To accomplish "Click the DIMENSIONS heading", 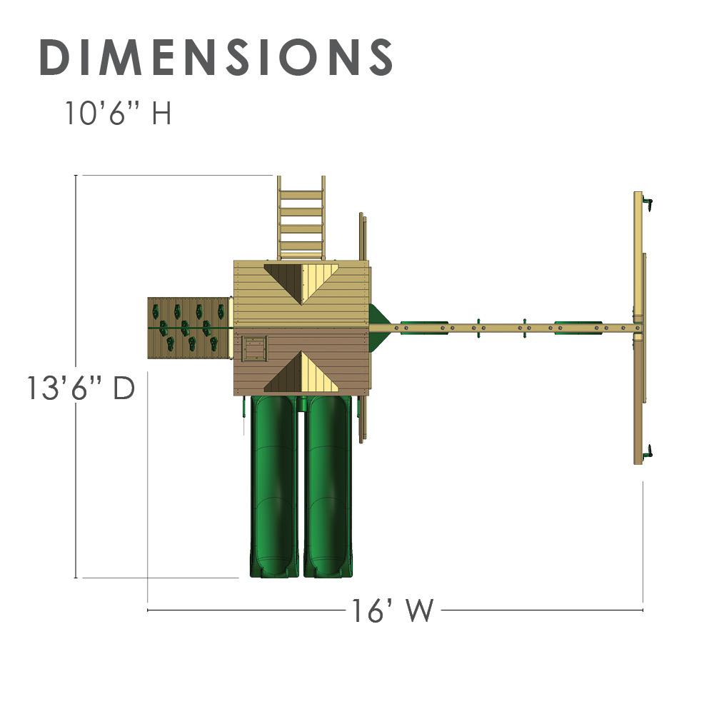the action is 216,57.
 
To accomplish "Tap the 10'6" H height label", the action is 119,113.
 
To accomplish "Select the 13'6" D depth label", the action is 81,388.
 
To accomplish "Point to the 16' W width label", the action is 393,610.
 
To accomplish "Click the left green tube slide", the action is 274,486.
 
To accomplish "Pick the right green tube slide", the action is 328,486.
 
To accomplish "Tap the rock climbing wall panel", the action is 188,328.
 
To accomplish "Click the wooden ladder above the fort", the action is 301,218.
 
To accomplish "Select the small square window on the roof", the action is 254,349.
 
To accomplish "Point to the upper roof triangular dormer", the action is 301,282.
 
